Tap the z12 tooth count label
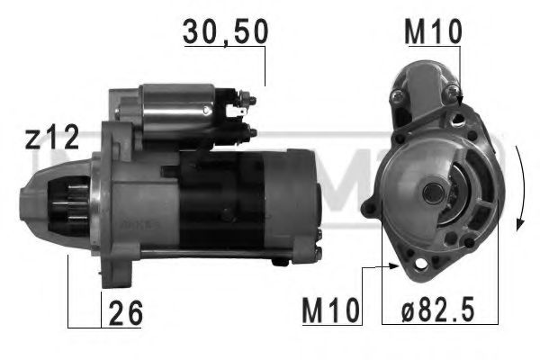tap(51, 138)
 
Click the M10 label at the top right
tap(433, 31)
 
